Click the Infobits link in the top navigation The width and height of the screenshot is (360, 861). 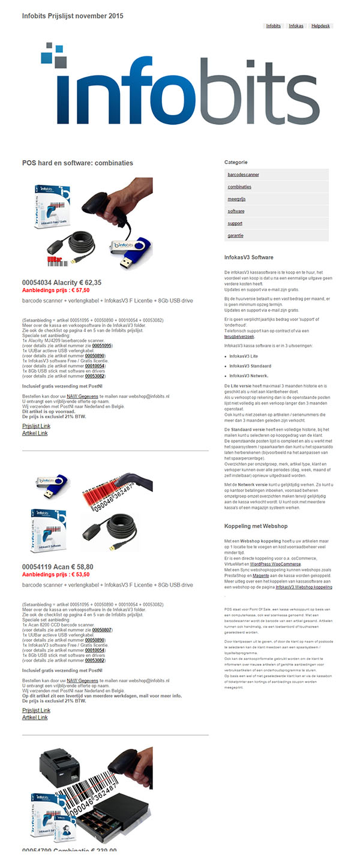[x=274, y=26]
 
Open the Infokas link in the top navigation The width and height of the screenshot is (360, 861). [x=296, y=26]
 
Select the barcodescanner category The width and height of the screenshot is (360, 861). [x=244, y=175]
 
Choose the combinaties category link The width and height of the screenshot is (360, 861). [x=239, y=187]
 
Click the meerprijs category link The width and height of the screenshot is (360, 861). [x=236, y=199]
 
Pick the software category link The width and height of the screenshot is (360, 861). [x=236, y=211]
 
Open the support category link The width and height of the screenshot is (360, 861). [x=235, y=223]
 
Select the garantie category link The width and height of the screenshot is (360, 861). [x=236, y=235]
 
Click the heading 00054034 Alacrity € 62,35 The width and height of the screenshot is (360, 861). [x=62, y=282]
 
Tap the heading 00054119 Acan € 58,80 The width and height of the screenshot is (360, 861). [x=58, y=566]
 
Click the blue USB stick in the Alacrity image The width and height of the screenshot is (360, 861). [x=130, y=247]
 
